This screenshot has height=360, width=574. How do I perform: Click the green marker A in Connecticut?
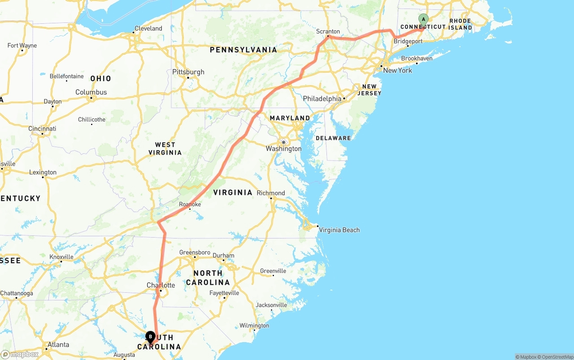(x=423, y=20)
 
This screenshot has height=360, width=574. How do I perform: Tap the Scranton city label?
(x=328, y=32)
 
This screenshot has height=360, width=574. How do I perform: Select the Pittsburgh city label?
(x=188, y=72)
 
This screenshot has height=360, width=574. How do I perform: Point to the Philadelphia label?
(x=322, y=99)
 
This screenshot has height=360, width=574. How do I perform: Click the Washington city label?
(x=283, y=148)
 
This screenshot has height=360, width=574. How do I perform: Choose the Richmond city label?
(x=271, y=193)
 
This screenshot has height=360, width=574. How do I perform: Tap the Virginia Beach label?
(x=339, y=230)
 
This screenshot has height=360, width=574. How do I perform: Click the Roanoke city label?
(x=190, y=204)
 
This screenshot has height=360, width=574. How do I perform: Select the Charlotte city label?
(x=161, y=285)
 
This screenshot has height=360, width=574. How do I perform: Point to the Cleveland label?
(x=148, y=28)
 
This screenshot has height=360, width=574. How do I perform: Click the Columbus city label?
(x=91, y=92)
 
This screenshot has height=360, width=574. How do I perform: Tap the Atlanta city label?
(x=58, y=344)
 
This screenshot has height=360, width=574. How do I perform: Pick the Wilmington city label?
(x=254, y=325)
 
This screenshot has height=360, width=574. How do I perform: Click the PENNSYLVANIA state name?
(x=244, y=50)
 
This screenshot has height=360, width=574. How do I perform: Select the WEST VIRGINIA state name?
(x=165, y=148)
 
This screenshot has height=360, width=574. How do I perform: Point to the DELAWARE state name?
(x=333, y=138)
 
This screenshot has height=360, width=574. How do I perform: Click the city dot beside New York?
(x=381, y=66)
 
